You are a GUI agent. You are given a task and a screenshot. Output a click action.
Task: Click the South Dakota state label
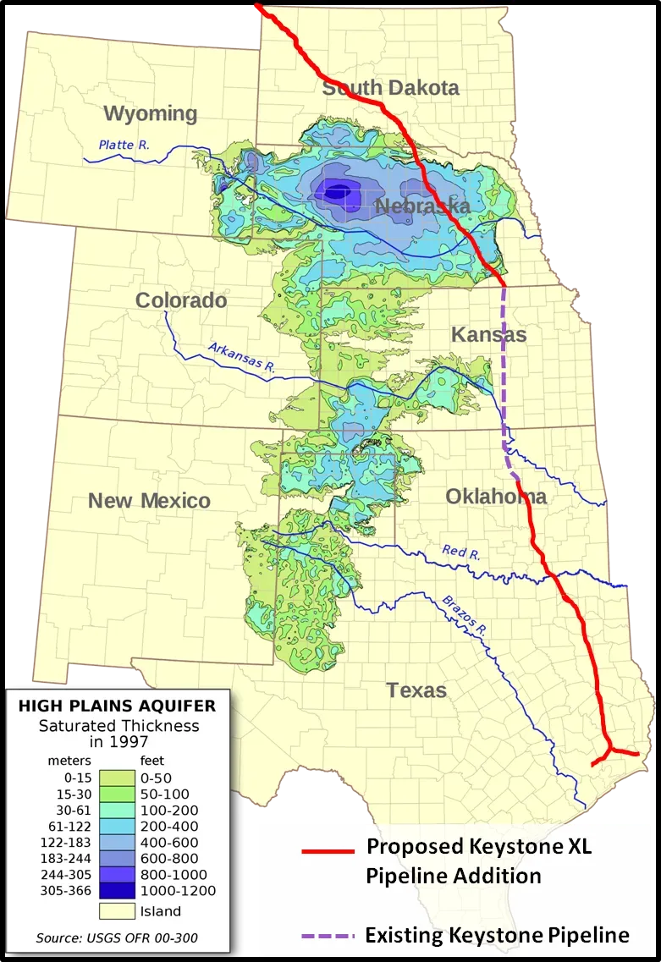pyautogui.click(x=391, y=88)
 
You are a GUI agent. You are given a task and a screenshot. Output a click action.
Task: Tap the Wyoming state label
pyautogui.click(x=150, y=114)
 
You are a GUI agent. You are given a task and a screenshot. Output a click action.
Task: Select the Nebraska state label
pyautogui.click(x=422, y=207)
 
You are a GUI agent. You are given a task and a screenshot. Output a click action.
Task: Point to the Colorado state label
pyautogui.click(x=181, y=300)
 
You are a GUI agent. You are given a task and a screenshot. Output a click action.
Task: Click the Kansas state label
pyautogui.click(x=488, y=335)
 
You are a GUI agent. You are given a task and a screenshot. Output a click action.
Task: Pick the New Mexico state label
pyautogui.click(x=149, y=501)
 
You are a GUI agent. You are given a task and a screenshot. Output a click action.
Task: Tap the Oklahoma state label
pyautogui.click(x=496, y=497)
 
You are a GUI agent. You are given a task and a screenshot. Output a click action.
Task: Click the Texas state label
pyautogui.click(x=416, y=690)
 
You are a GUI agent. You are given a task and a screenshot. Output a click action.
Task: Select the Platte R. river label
pyautogui.click(x=124, y=145)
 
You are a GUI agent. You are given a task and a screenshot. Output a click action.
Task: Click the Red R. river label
pyautogui.click(x=461, y=553)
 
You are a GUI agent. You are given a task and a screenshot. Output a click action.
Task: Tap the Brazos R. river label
pyautogui.click(x=465, y=615)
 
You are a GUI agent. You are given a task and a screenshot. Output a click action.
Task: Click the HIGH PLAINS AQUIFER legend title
pyautogui.click(x=117, y=705)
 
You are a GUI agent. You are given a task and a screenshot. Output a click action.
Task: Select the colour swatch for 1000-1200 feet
pyautogui.click(x=118, y=891)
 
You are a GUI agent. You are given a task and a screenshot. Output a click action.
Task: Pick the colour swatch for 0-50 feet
pyautogui.click(x=118, y=778)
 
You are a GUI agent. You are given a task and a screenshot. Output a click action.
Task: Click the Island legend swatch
pyautogui.click(x=118, y=911)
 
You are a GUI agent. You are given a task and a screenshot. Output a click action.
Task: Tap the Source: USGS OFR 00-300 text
pyautogui.click(x=118, y=938)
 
